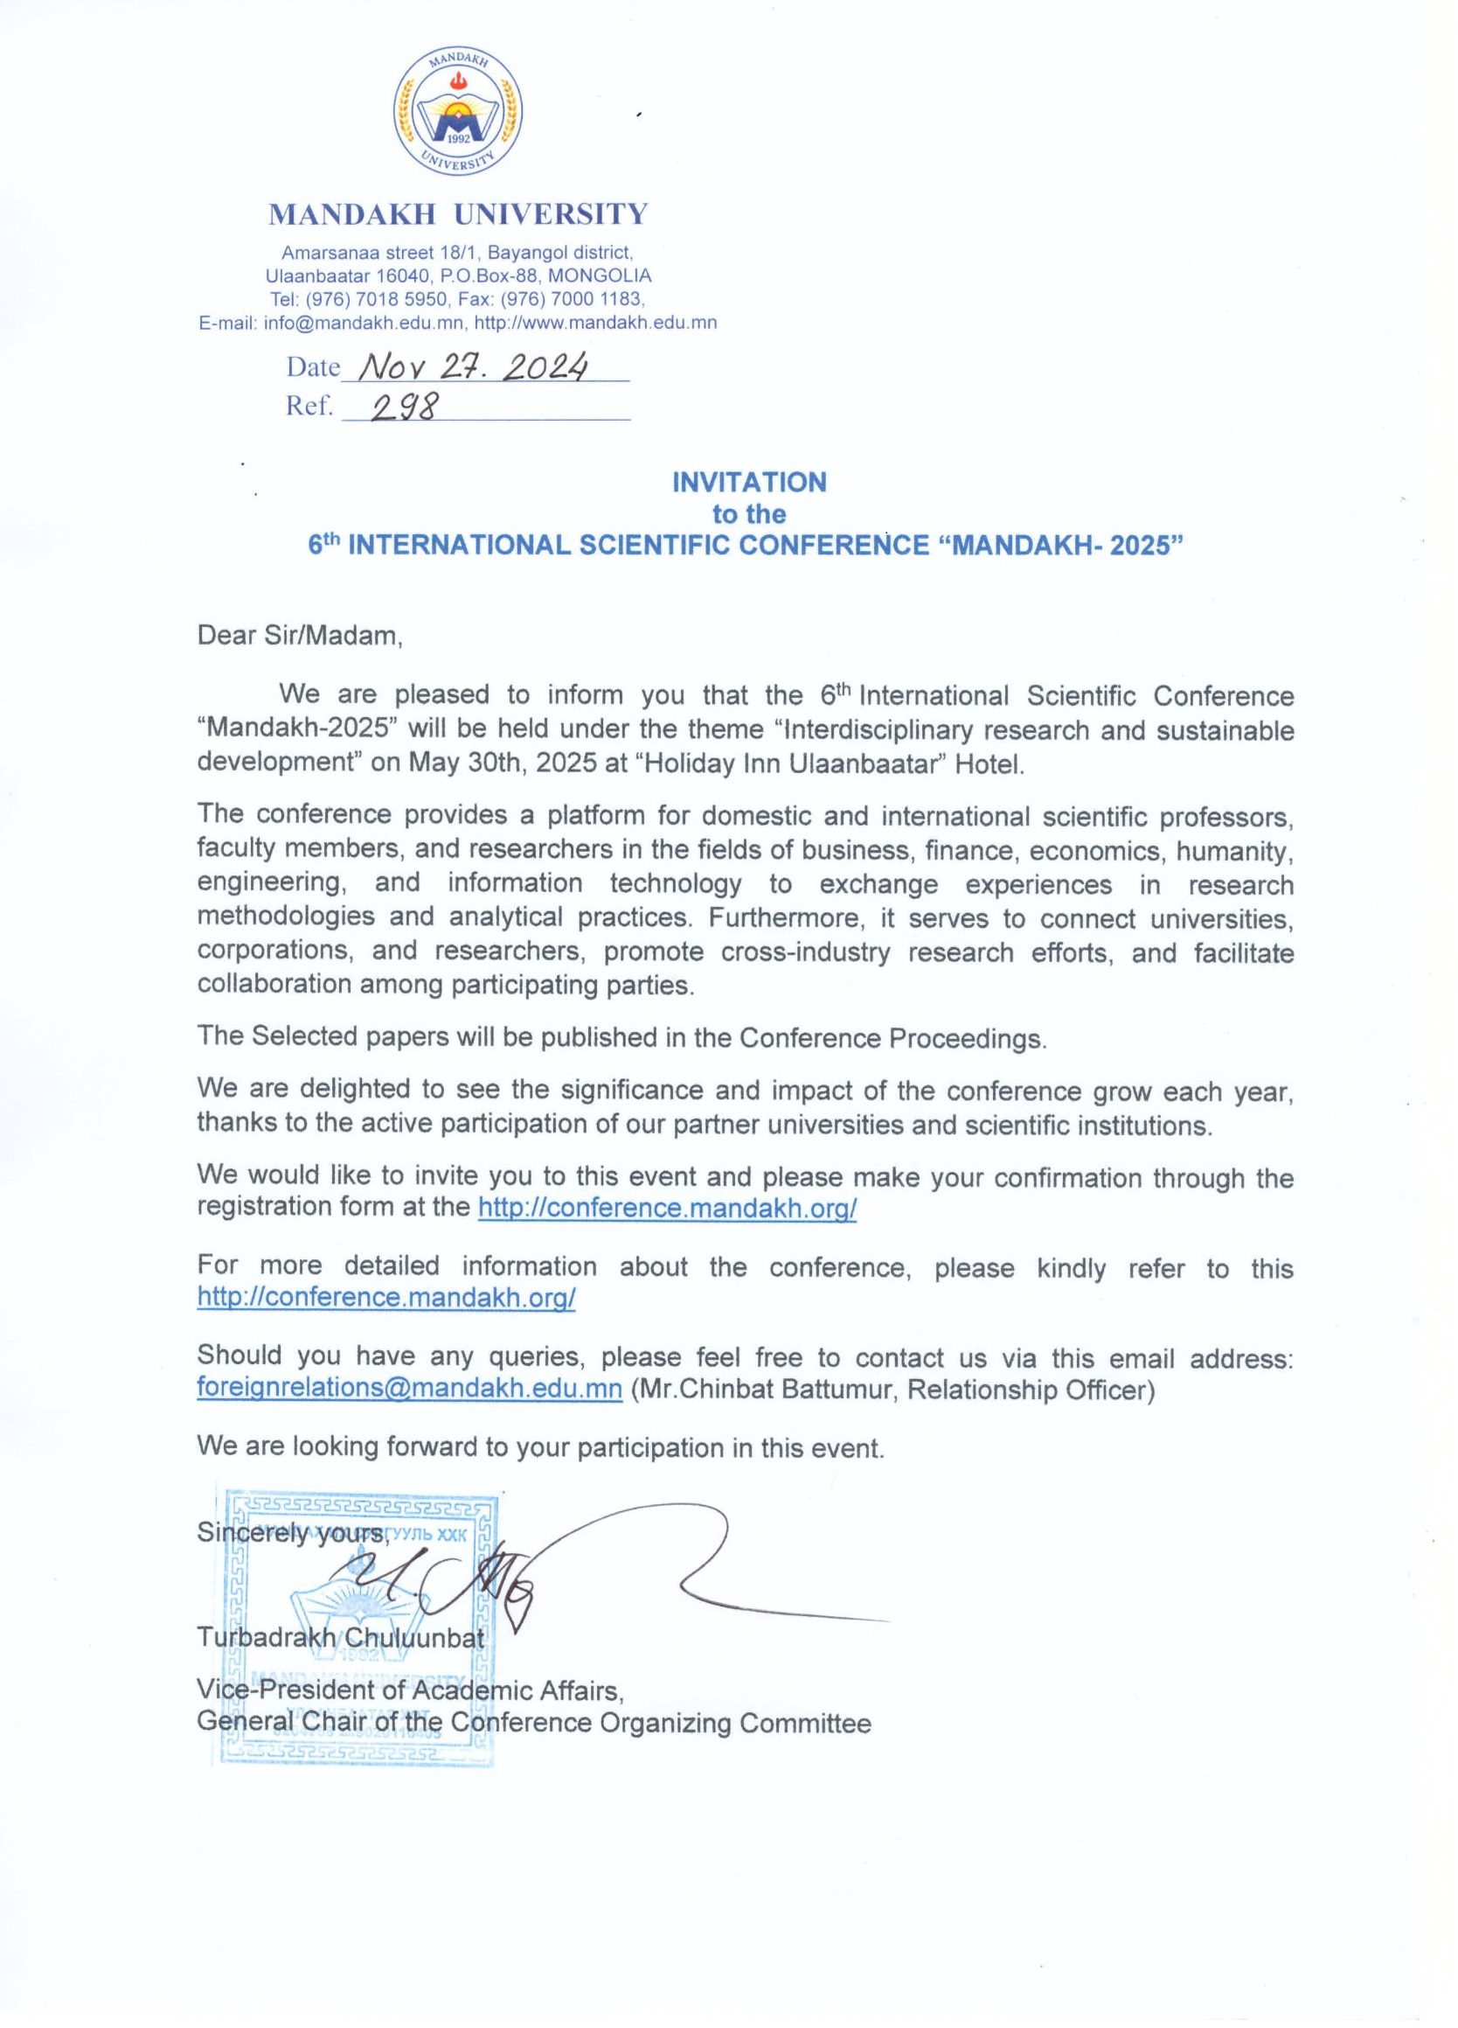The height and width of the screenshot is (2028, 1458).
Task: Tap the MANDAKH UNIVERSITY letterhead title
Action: tap(458, 214)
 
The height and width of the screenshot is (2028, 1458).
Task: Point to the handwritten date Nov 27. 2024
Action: tap(473, 366)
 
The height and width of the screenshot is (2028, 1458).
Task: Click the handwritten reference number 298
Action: tap(406, 408)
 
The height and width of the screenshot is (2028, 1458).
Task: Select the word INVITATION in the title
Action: tap(749, 482)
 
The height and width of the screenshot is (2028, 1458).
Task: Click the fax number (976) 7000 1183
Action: tap(585, 300)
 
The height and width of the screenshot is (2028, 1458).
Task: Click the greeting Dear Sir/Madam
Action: tap(300, 636)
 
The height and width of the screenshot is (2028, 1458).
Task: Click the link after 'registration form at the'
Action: tap(667, 1208)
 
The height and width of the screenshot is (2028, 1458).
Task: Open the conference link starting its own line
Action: tap(385, 1298)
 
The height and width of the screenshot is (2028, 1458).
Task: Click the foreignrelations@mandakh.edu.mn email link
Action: tap(409, 1389)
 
